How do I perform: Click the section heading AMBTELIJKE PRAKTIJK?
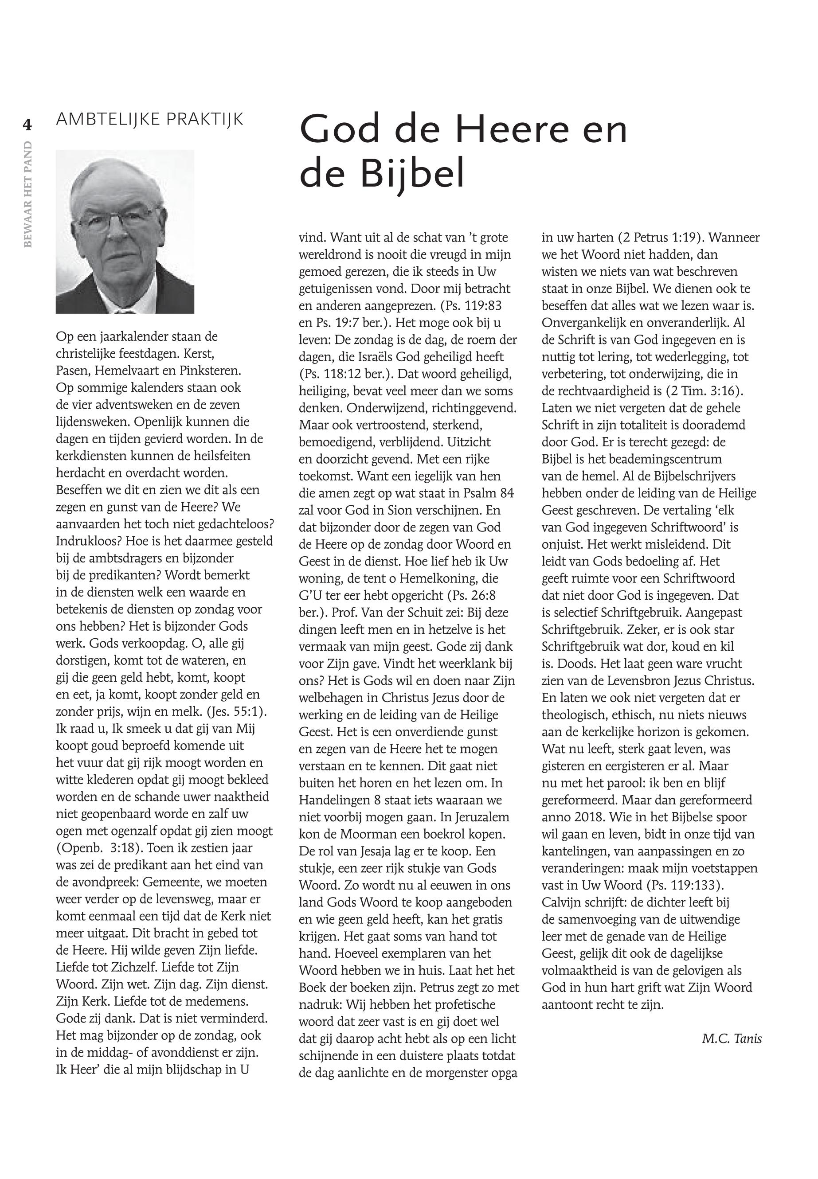click(150, 119)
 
